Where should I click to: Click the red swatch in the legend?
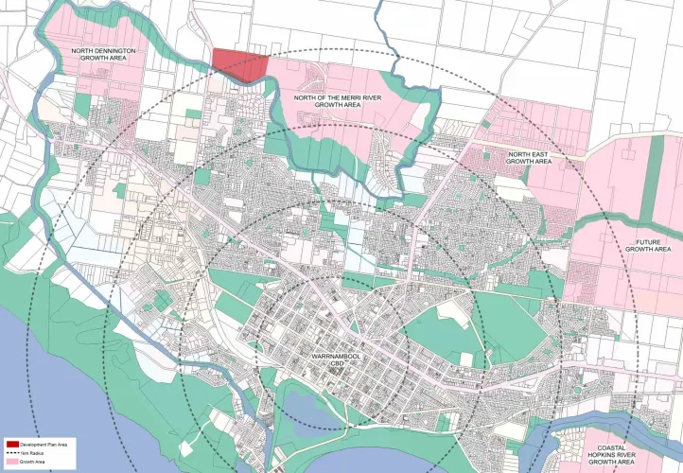[x=12, y=444]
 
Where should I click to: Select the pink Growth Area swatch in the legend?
[x=12, y=462]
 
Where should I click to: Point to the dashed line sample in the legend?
[x=12, y=453]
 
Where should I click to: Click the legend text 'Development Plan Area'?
[x=44, y=444]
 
